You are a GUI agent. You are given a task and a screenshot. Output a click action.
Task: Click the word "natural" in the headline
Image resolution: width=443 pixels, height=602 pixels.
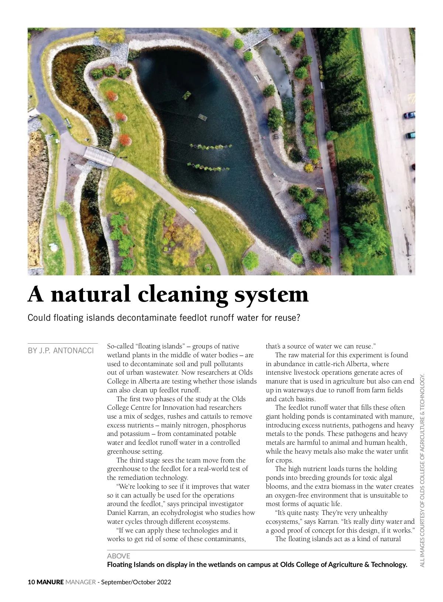pos(90,295)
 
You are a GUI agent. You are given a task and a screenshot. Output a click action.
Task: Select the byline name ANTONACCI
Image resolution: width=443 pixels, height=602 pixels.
pos(74,351)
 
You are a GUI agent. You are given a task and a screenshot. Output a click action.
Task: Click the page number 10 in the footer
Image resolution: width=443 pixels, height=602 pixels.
pos(31,582)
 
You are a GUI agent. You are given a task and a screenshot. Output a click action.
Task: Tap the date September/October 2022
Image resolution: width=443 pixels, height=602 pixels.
pos(136,582)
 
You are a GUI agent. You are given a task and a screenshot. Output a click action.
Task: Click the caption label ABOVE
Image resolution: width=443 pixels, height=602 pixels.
pos(119,556)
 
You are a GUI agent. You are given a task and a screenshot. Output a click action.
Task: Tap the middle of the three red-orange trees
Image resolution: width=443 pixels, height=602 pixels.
pos(121,117)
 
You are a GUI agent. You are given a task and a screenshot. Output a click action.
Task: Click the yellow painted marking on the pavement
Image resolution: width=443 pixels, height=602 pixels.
pos(411,97)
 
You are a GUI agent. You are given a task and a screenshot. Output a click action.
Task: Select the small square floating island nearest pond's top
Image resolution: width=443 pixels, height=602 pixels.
pos(187,95)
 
